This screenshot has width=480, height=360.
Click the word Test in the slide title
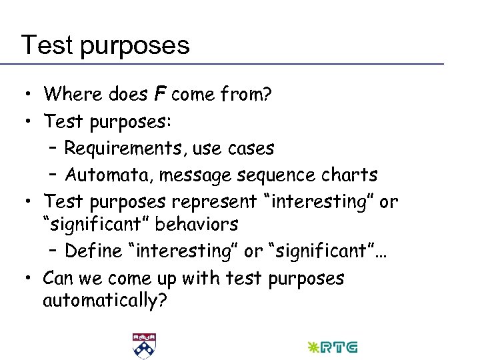(45, 45)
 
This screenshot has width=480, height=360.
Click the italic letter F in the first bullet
(160, 95)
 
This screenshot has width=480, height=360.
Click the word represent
(215, 201)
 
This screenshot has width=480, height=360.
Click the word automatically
(101, 301)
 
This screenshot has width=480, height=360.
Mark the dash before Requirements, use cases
(53, 148)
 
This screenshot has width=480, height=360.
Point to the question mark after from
(267, 95)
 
